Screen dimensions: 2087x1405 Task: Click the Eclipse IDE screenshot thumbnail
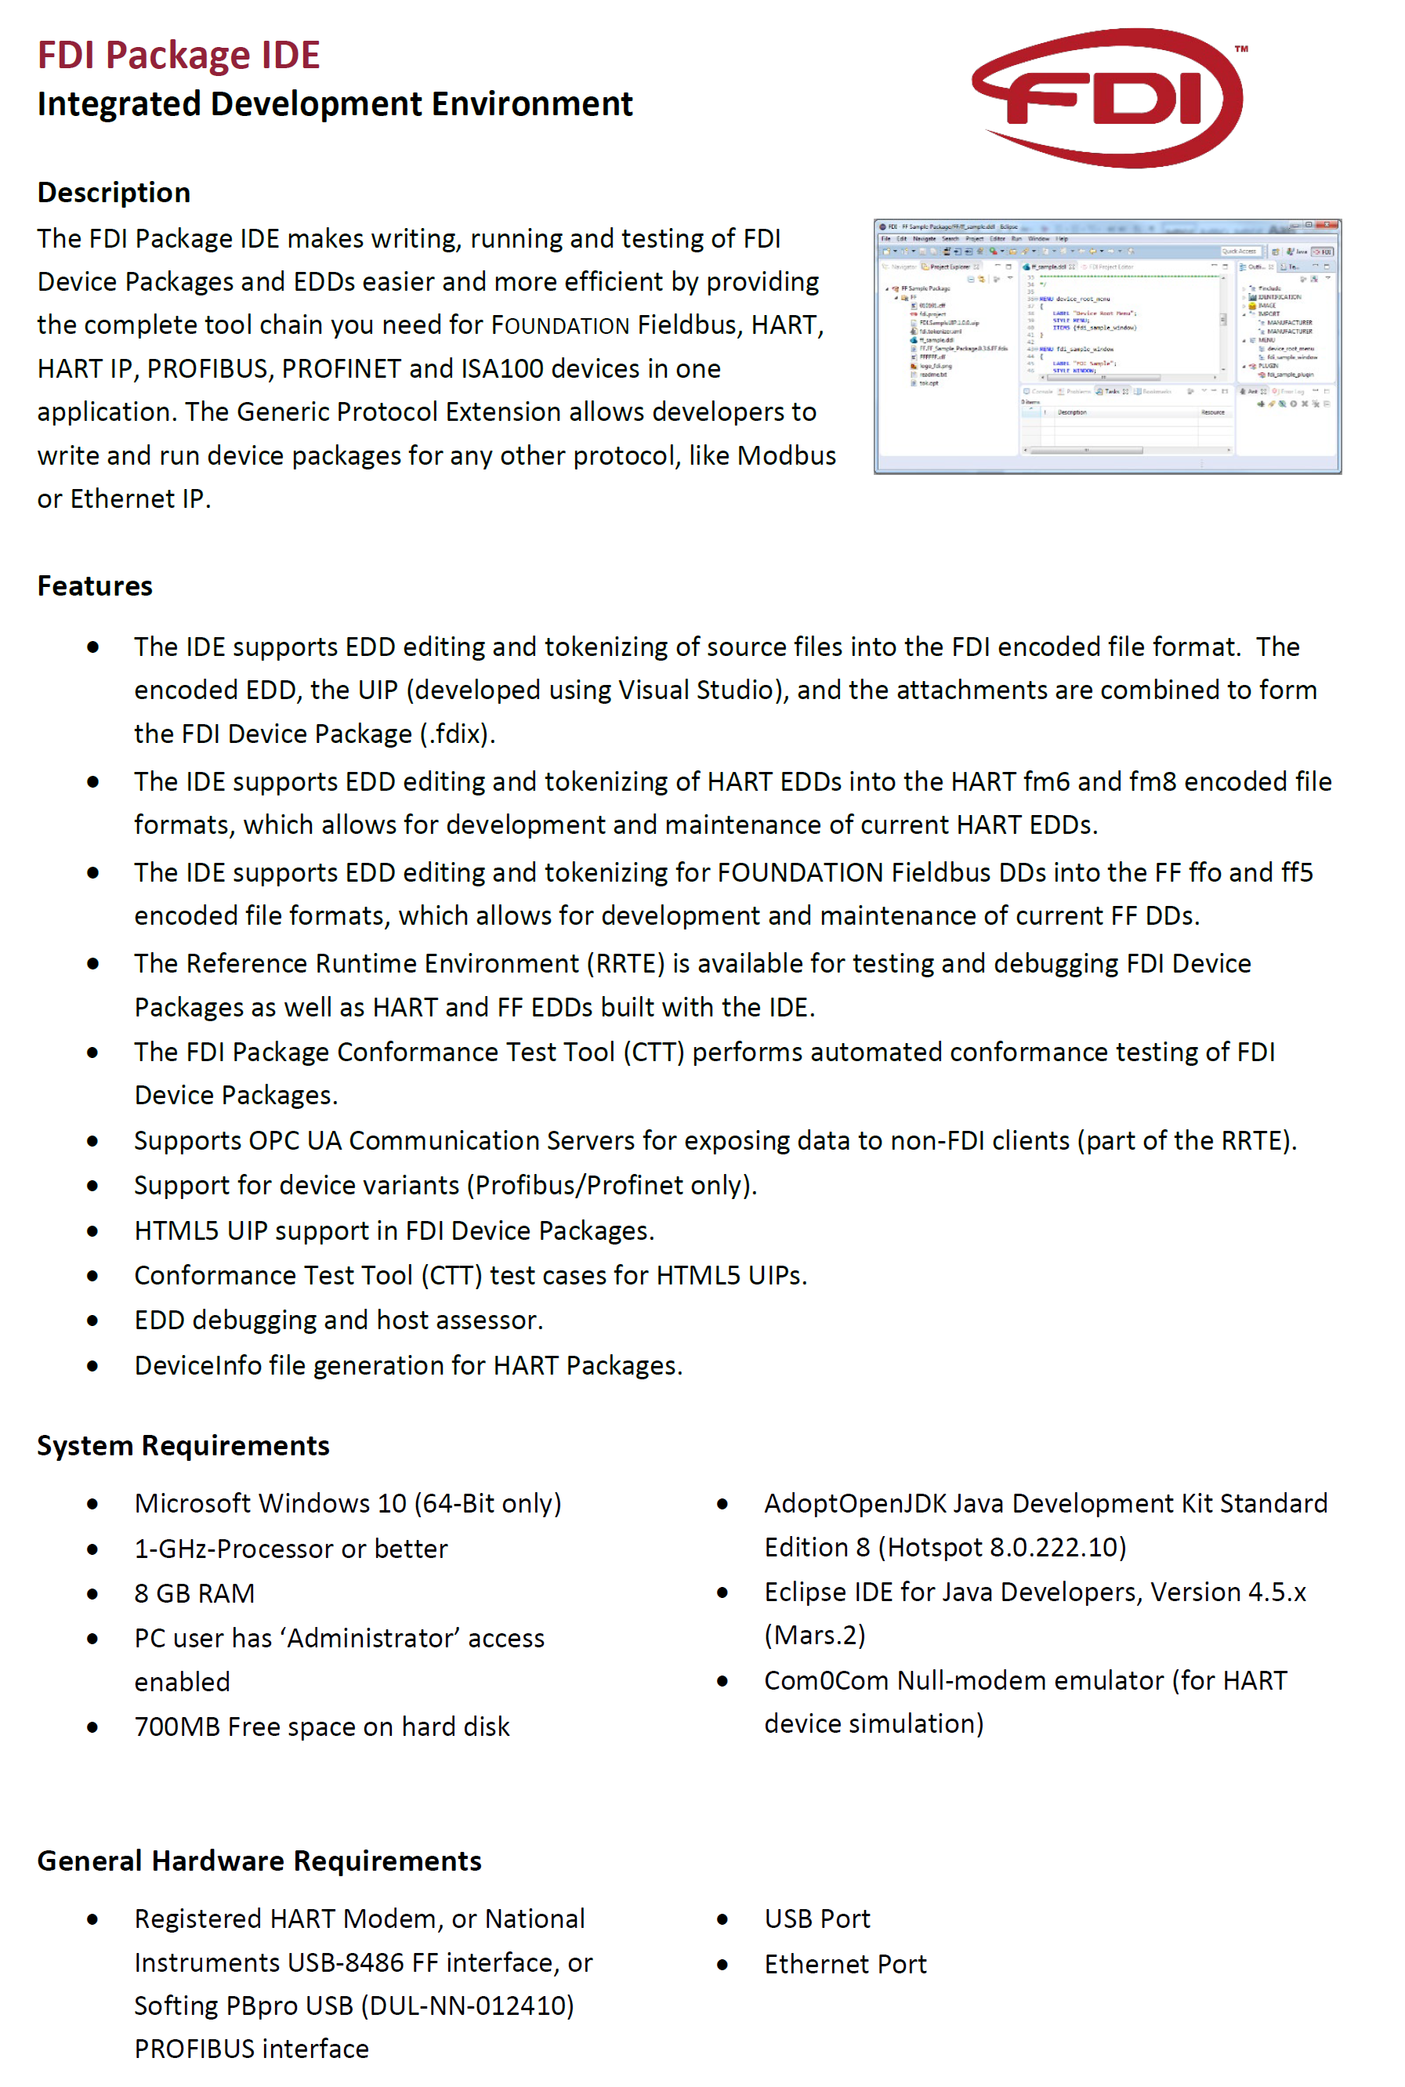pyautogui.click(x=1106, y=346)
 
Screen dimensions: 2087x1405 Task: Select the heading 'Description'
pyautogui.click(x=114, y=193)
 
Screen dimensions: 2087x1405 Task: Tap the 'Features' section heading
pyautogui.click(x=95, y=585)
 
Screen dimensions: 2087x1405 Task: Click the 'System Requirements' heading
pyautogui.click(x=183, y=1444)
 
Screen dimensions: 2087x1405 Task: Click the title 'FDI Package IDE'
pyautogui.click(x=179, y=55)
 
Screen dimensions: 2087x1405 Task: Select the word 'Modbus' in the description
pyautogui.click(x=786, y=455)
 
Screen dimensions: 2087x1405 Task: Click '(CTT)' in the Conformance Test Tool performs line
pyautogui.click(x=654, y=1051)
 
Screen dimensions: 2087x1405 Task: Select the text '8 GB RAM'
pyautogui.click(x=194, y=1592)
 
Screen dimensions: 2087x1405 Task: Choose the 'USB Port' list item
pyautogui.click(x=817, y=1918)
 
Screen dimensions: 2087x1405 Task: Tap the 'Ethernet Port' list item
pyautogui.click(x=845, y=1963)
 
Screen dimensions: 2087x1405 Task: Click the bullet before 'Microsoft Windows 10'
pyautogui.click(x=92, y=1504)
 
